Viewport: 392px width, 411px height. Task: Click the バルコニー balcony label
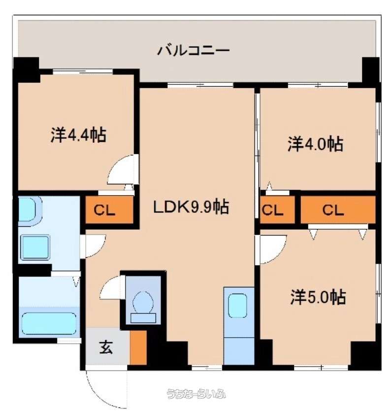coord(193,50)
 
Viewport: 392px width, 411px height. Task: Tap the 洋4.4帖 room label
coord(78,135)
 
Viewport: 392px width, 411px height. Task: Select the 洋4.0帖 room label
coord(315,143)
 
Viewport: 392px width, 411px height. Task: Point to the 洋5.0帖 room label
coord(318,297)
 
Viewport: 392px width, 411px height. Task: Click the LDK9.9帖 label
coord(191,206)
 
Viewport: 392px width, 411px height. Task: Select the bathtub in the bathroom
coord(49,323)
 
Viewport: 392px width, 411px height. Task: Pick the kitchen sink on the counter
coord(237,306)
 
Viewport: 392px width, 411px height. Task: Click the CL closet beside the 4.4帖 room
coord(109,210)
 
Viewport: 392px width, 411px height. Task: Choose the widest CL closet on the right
coord(338,210)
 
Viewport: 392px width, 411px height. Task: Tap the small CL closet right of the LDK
coord(277,210)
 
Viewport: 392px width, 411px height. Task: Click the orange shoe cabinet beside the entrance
coord(138,347)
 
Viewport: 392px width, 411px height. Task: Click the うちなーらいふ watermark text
coord(196,394)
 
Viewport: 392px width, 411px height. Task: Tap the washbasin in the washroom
coord(30,210)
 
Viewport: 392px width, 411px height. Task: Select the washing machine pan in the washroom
coord(35,247)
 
